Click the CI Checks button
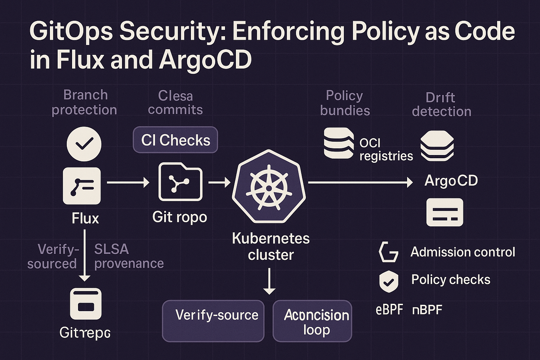tap(175, 140)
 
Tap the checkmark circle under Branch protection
tap(84, 144)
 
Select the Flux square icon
tap(82, 186)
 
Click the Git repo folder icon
tap(180, 182)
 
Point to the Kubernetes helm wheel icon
tap(269, 187)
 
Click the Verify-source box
tap(213, 321)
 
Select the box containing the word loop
tap(312, 321)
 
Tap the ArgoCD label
tap(451, 181)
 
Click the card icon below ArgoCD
tap(445, 212)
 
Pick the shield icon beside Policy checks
tap(388, 281)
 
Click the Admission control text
tap(463, 252)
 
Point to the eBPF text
tap(389, 310)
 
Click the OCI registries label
tap(386, 149)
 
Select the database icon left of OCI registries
tap(339, 143)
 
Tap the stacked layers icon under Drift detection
tap(437, 146)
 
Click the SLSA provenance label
tap(129, 256)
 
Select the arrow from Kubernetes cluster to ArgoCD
tap(360, 182)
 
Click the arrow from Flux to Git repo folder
tap(128, 182)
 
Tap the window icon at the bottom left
tap(86, 304)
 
